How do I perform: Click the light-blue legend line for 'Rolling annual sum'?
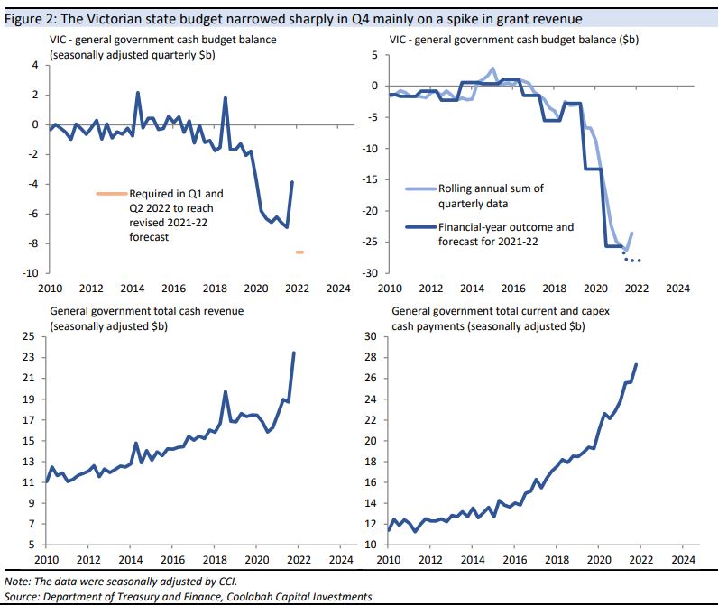coord(418,188)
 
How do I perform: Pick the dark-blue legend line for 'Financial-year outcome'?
coord(418,226)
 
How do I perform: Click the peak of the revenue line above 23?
coord(294,353)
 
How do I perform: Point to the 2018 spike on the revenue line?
coord(225,391)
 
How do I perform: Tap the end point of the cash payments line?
coord(637,364)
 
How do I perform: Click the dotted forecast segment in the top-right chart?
coord(631,259)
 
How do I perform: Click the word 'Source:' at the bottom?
coord(24,597)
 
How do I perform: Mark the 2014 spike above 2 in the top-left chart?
coord(138,92)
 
